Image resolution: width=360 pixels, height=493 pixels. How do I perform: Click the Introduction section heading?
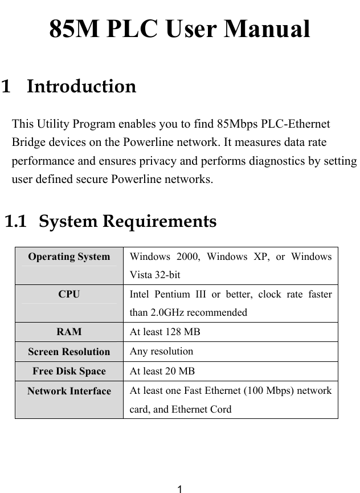[x=81, y=87]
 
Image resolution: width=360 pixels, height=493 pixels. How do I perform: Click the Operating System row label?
[x=69, y=256]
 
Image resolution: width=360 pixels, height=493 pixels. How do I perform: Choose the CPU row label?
[x=69, y=295]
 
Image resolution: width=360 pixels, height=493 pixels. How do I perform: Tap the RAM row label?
[x=69, y=332]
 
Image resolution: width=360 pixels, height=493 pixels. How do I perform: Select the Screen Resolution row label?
[x=69, y=352]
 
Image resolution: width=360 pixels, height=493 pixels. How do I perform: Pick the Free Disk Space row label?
[x=69, y=372]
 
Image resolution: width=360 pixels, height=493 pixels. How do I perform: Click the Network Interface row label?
[x=69, y=391]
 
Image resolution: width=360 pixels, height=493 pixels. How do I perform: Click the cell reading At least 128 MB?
[x=165, y=332]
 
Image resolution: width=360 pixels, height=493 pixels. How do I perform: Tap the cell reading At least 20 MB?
[x=162, y=372]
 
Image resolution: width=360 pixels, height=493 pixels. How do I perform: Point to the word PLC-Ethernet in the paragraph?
[x=297, y=124]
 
